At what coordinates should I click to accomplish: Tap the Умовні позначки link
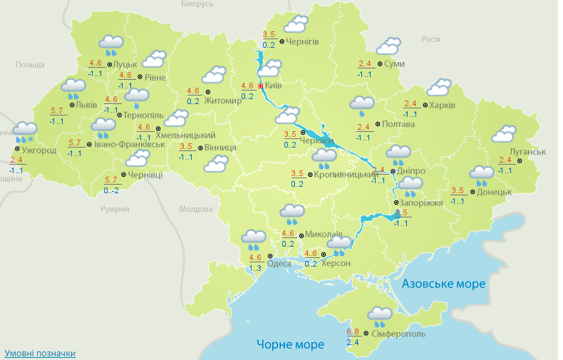[40, 353]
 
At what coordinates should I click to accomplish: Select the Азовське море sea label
[443, 284]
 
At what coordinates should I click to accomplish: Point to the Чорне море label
[290, 344]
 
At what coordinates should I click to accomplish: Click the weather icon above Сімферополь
[379, 314]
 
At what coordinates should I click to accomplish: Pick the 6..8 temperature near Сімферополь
[353, 331]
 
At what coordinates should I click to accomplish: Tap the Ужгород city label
[39, 150]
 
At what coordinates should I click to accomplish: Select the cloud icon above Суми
[388, 46]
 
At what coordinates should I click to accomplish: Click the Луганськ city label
[528, 152]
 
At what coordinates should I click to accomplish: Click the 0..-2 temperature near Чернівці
[111, 190]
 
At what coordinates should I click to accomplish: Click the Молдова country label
[195, 210]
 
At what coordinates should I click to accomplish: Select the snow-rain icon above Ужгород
[25, 131]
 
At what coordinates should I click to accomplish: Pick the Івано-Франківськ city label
[130, 144]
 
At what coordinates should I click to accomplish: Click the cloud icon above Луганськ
[504, 133]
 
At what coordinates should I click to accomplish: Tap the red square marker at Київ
[261, 86]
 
